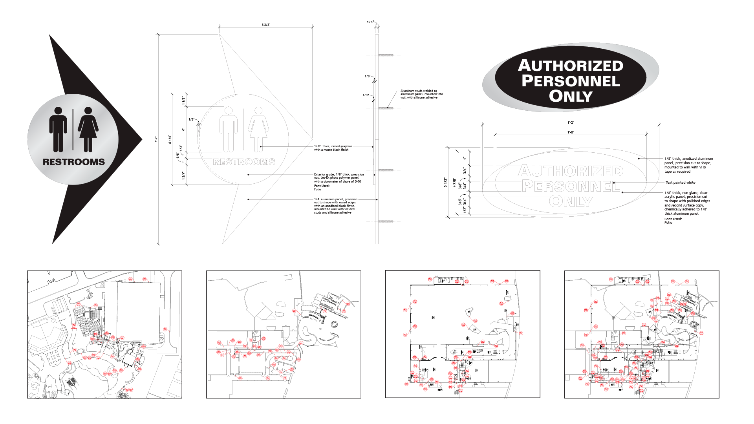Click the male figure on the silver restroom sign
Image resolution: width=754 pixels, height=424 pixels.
(x=58, y=130)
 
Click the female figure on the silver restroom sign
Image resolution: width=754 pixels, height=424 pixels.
(x=88, y=130)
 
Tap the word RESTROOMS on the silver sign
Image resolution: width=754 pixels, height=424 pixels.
(x=74, y=162)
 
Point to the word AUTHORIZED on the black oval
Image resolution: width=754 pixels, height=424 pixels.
(x=571, y=66)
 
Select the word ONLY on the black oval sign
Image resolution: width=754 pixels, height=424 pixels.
(x=571, y=96)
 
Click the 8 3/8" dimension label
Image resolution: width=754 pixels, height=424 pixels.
(x=266, y=25)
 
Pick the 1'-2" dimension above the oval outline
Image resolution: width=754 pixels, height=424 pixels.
(x=571, y=122)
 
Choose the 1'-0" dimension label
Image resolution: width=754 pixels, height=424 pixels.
(x=571, y=132)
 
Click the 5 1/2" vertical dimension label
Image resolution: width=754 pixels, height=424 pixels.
(x=445, y=182)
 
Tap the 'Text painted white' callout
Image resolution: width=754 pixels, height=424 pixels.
(x=680, y=183)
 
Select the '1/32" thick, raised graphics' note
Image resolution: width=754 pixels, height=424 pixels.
(x=333, y=148)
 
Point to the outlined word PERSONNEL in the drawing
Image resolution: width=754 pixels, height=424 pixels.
(x=571, y=186)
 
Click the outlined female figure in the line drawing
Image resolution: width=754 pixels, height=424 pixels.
(x=258, y=130)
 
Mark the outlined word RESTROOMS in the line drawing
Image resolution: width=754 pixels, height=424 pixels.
(x=244, y=162)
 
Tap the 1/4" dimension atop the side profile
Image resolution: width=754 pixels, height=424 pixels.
(x=370, y=22)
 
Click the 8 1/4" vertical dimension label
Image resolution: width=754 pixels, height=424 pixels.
(x=170, y=139)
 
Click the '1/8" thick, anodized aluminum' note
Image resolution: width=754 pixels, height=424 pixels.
(x=688, y=165)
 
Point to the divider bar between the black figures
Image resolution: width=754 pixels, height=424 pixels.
(x=73, y=130)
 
